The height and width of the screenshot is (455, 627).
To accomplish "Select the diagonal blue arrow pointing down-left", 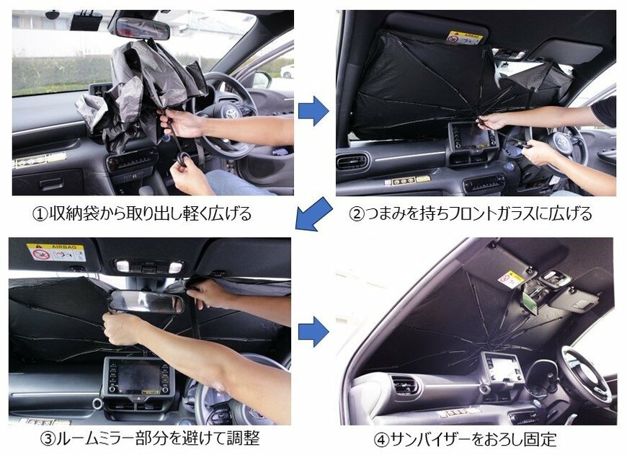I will click(x=313, y=214).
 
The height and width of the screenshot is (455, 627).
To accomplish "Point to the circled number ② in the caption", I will click(x=357, y=213).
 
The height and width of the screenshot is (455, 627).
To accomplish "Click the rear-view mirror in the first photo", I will click(x=142, y=28).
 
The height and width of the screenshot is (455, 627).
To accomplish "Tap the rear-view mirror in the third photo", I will click(x=144, y=302).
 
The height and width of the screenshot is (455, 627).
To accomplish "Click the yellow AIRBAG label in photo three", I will click(x=56, y=252).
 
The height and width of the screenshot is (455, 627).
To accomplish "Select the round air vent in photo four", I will click(x=404, y=384).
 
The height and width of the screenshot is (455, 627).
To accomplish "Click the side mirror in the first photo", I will click(x=261, y=79).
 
